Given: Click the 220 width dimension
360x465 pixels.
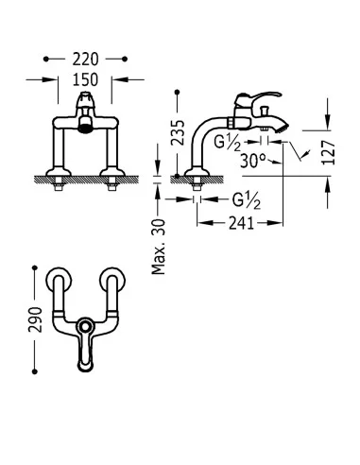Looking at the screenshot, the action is coord(85,60).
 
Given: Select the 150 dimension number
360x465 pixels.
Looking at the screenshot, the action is coord(85,79).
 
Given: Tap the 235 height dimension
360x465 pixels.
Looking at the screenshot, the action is coord(178,132).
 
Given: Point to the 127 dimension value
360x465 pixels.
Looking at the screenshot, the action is coord(328,153).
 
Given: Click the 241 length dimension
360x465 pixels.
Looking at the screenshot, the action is coord(241,223).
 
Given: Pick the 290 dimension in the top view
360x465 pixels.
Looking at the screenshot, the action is coord(35,319).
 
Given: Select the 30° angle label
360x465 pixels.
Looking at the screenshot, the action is coord(253,161).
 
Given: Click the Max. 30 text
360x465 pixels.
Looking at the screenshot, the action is coord(159,247).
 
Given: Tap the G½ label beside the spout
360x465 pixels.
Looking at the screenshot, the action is coord(228,143).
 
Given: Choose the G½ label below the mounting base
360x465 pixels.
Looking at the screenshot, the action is coord(247,200).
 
